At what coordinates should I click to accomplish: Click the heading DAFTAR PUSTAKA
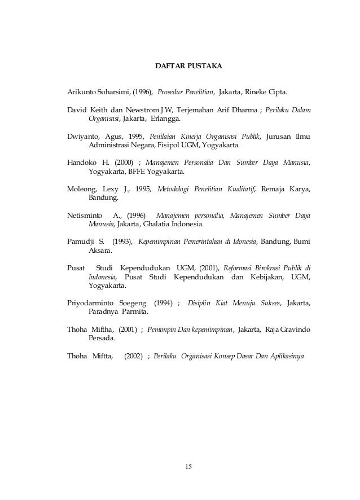[x=188, y=67]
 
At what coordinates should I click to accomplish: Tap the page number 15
[x=188, y=466]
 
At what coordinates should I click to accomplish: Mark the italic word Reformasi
[x=243, y=268]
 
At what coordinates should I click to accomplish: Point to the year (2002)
[x=133, y=357]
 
